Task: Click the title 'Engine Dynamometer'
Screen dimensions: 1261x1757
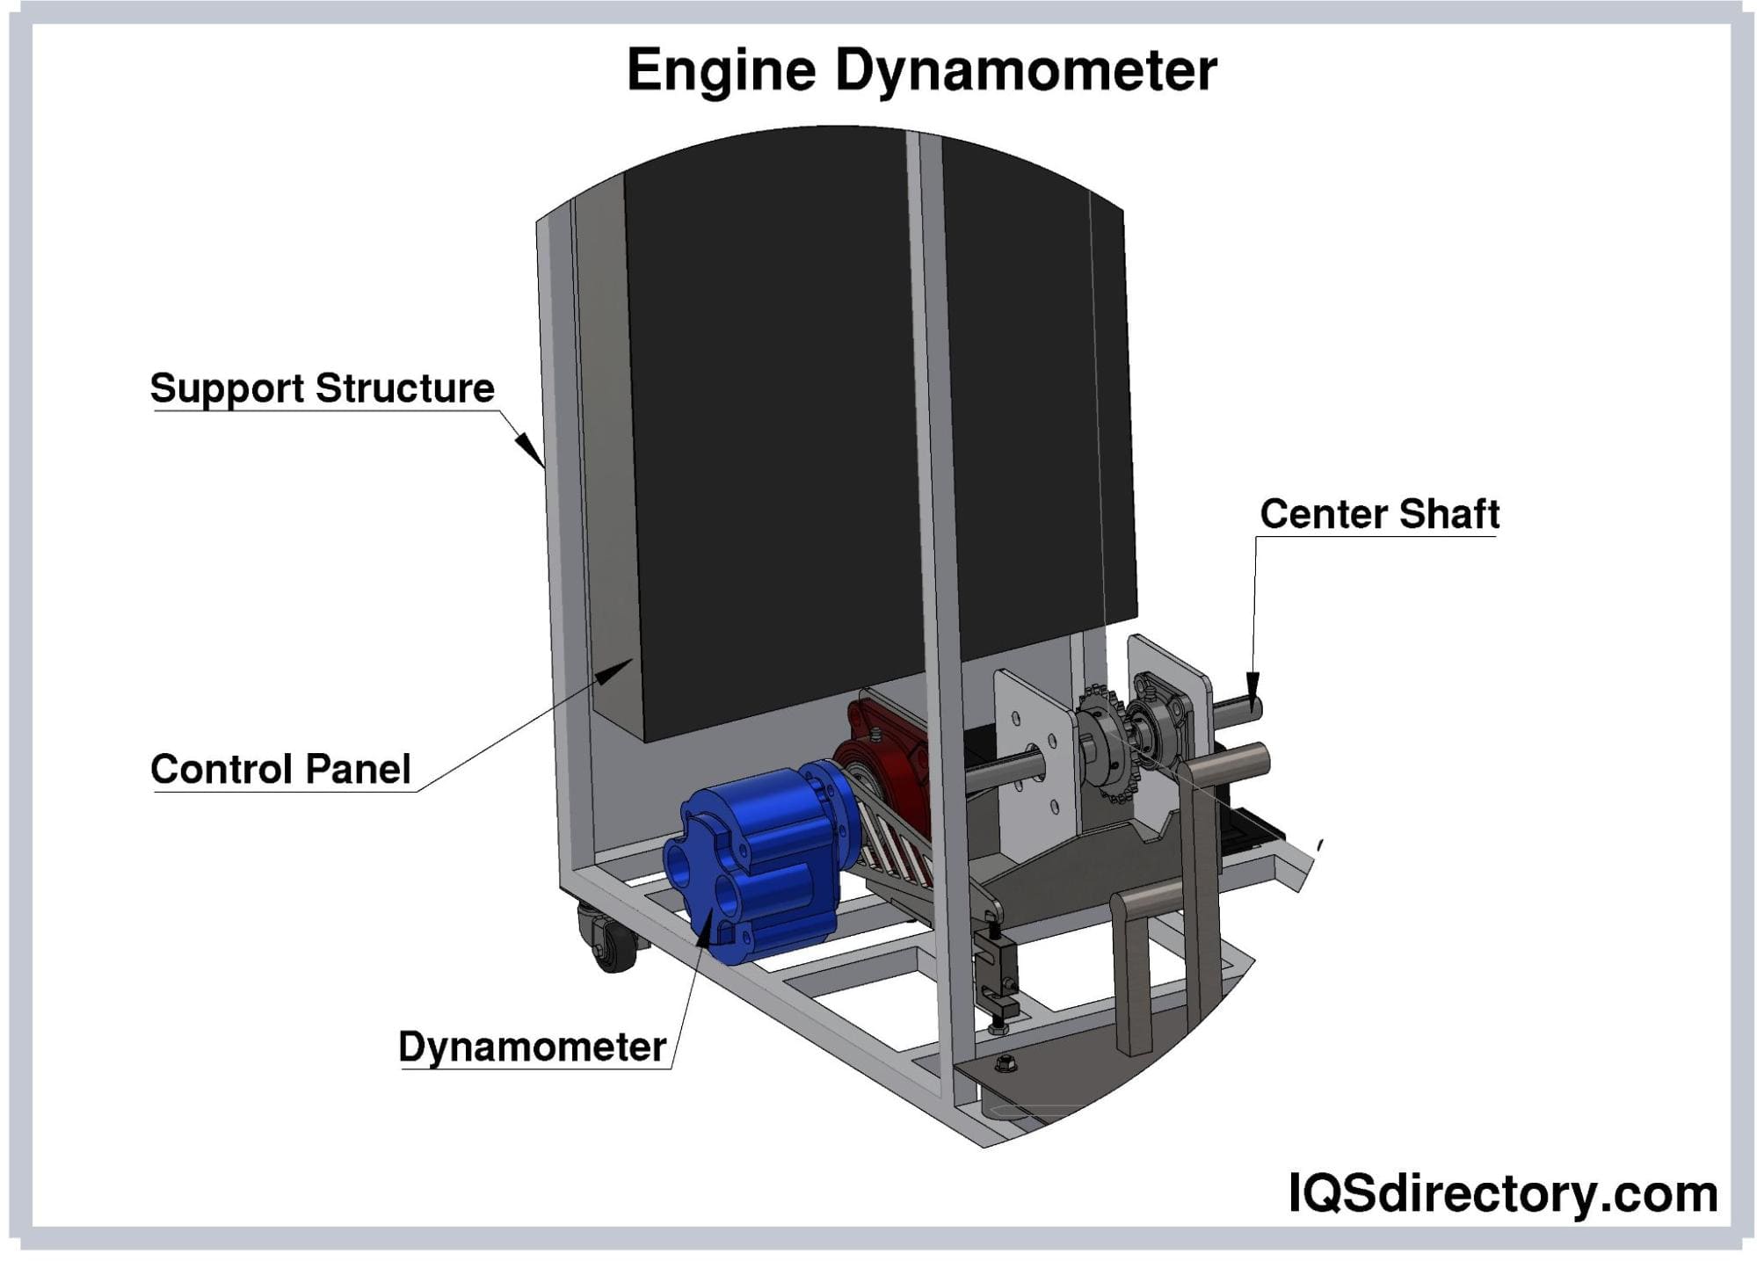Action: coord(921,70)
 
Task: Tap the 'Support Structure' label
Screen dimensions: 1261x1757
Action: coord(322,388)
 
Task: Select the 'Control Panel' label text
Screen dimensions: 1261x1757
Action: coord(280,769)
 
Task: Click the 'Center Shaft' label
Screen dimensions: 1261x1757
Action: coord(1379,514)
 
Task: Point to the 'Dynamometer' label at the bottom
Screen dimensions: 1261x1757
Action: coord(532,1047)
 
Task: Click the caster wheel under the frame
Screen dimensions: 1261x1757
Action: coord(606,940)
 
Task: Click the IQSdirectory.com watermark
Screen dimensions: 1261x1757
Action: coord(1502,1193)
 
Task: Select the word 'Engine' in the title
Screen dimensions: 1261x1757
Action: coord(722,70)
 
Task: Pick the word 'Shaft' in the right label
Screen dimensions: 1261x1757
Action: coord(1448,514)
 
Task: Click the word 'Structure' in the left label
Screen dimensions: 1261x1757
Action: coord(405,388)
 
